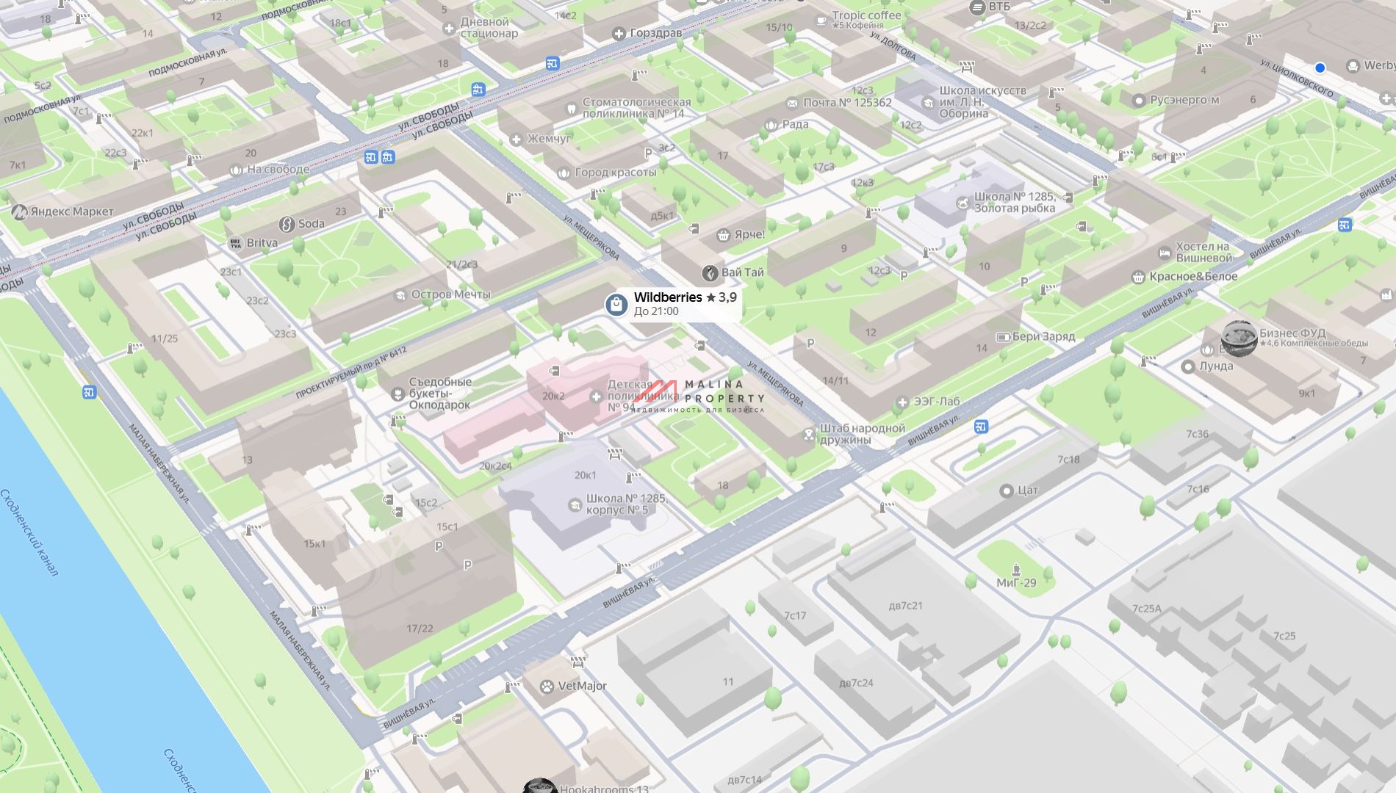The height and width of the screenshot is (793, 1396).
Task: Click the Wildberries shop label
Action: (x=667, y=297)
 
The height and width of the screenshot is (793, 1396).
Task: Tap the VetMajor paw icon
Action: (x=547, y=687)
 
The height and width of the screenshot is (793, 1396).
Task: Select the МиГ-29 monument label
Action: (x=1016, y=583)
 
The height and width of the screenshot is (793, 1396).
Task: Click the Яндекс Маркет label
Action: (x=72, y=212)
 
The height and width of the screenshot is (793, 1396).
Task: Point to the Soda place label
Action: (x=311, y=223)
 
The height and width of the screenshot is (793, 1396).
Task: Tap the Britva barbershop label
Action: (x=262, y=243)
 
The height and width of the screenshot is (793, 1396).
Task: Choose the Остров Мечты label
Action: (x=450, y=294)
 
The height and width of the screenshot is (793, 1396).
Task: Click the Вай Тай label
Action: (x=742, y=272)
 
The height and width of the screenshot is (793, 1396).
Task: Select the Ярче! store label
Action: (x=749, y=235)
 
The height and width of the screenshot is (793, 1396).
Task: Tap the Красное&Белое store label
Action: (x=1193, y=277)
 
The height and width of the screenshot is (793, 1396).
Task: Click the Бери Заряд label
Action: (x=1043, y=337)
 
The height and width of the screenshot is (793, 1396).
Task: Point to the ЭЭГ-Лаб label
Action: (x=936, y=402)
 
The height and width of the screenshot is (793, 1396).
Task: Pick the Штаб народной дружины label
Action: (x=862, y=434)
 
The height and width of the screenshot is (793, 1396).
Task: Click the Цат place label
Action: (x=1027, y=490)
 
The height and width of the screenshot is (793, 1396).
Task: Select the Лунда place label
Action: (x=1215, y=366)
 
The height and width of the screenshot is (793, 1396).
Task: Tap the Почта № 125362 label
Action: (x=846, y=103)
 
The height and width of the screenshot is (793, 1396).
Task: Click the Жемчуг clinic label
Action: (x=549, y=139)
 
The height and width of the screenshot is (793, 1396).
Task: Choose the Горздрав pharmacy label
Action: (x=655, y=33)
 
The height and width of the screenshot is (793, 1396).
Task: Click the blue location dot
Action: (x=1320, y=68)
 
